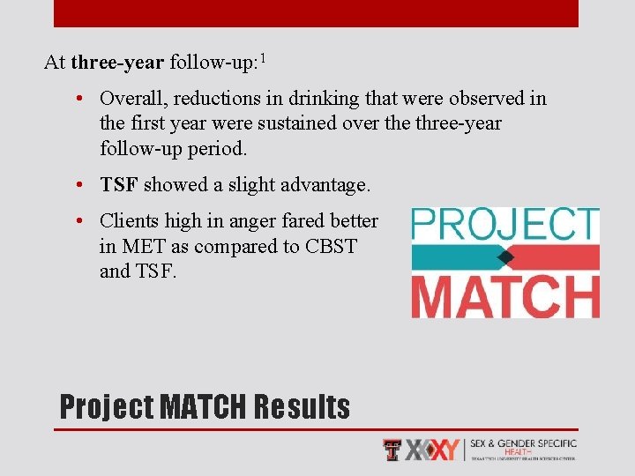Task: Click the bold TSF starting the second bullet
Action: pyautogui.click(x=118, y=184)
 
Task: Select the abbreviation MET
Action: pyautogui.click(x=142, y=246)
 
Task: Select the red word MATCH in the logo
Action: pyautogui.click(x=505, y=296)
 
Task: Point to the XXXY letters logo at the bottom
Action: pyautogui.click(x=432, y=450)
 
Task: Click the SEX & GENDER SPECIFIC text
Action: pyautogui.click(x=524, y=443)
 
